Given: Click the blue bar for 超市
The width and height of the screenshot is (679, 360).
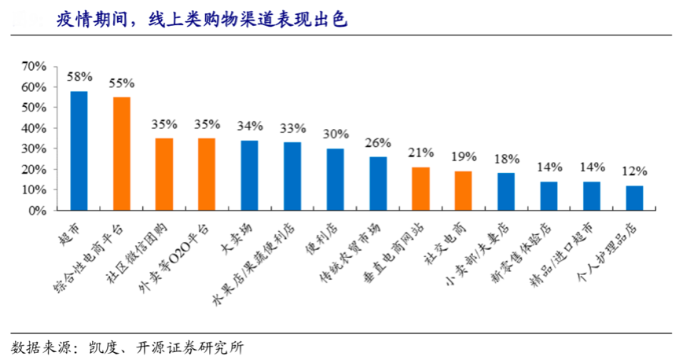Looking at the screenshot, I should click(x=79, y=151).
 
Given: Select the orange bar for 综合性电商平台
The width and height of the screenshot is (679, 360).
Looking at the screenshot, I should click(x=122, y=153).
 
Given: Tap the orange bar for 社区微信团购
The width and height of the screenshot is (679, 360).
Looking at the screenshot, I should click(x=164, y=174).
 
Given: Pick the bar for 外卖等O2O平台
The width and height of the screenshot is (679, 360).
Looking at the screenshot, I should click(x=207, y=174).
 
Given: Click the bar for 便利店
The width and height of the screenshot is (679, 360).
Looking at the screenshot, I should click(x=336, y=180).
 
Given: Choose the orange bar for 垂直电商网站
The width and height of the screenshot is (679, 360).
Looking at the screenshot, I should click(x=420, y=189).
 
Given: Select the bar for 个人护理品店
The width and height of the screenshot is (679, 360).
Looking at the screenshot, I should click(x=634, y=198).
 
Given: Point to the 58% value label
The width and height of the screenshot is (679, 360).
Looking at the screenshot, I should click(x=79, y=77).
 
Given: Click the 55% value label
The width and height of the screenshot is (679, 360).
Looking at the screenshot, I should click(x=122, y=83).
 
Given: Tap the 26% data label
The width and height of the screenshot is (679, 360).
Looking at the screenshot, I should click(x=378, y=143).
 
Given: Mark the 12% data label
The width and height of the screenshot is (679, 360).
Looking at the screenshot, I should click(x=634, y=171).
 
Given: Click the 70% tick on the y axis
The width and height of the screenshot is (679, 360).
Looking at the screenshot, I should click(x=35, y=66).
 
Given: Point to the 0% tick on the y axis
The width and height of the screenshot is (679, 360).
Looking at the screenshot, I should click(x=38, y=211).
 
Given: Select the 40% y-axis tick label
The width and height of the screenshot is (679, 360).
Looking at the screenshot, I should click(x=35, y=128).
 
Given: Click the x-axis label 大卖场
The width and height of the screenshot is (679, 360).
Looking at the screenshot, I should click(x=240, y=237).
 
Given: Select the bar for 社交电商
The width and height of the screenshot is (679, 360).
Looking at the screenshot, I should click(x=463, y=191).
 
